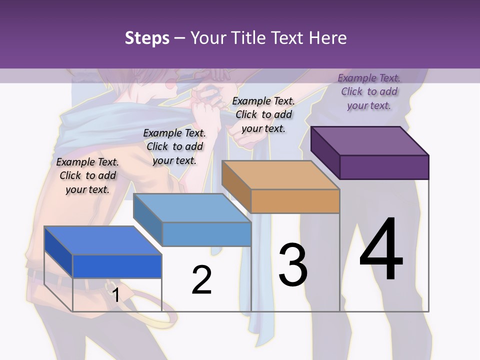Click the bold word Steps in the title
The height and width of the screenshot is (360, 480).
coord(147,38)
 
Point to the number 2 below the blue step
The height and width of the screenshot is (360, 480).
coord(201,279)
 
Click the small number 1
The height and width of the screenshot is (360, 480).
coord(115,295)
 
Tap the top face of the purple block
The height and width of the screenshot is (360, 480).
coord(370,140)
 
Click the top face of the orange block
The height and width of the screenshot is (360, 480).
coord(281,175)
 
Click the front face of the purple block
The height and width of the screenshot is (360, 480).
coord(384,167)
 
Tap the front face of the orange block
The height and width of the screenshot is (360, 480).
coord(295,201)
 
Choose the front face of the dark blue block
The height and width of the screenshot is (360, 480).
coord(117,266)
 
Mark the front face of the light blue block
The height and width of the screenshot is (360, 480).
coord(206,234)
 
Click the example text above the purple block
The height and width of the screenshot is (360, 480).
coord(369,91)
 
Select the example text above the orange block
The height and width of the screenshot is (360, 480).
coord(263,114)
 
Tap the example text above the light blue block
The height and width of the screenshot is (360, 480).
coord(174,146)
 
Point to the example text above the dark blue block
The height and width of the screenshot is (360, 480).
coord(87,175)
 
